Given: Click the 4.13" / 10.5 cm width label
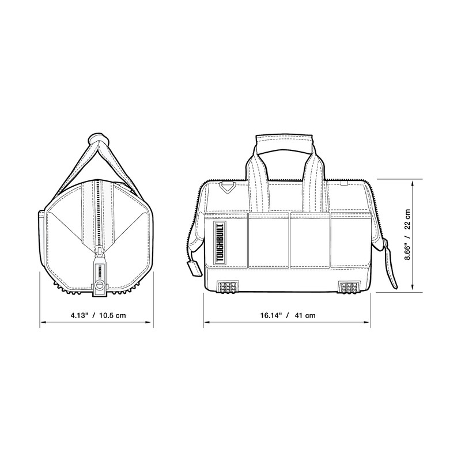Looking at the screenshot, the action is (98, 315).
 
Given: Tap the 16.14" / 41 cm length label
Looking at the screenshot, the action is (288, 315).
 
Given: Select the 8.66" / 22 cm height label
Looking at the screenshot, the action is (407, 235).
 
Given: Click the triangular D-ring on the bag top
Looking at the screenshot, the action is (228, 187).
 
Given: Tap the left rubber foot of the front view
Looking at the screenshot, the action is (227, 286).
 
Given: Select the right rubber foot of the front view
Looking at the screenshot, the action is (349, 286).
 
